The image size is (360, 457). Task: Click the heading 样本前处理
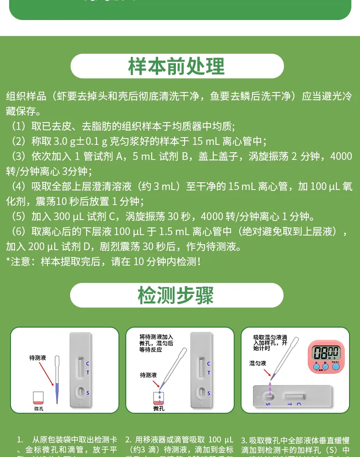pos(177,67)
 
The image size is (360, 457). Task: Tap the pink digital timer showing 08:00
pos(326,355)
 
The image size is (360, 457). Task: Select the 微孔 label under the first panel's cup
pos(39,408)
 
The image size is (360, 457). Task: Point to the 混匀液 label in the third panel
pos(258,363)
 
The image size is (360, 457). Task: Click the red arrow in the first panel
pos(48,374)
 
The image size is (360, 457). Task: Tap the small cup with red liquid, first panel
pos(39,397)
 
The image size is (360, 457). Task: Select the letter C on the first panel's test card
pos(88,364)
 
